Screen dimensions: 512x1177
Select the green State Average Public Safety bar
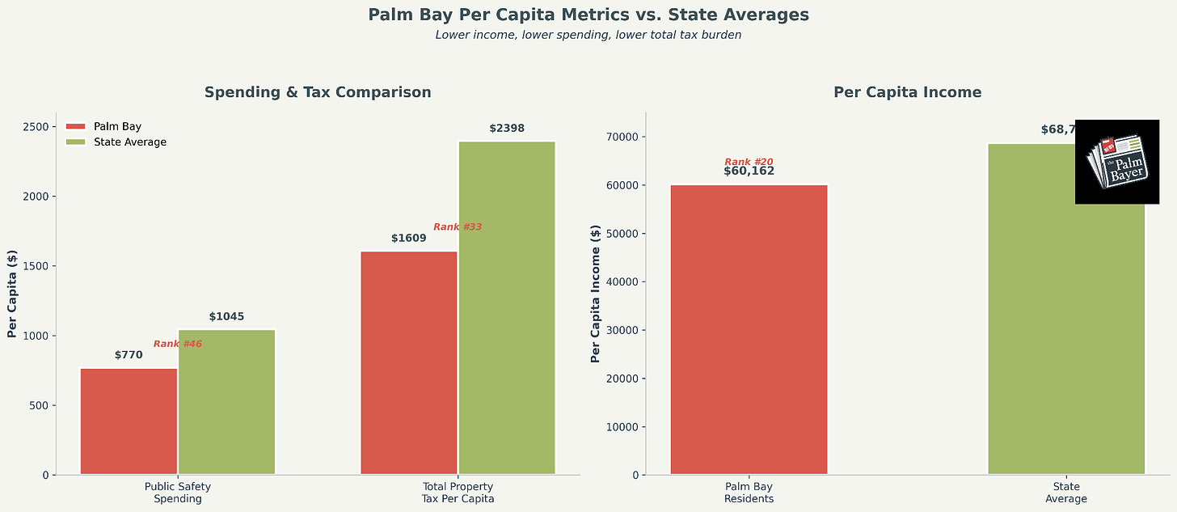point(226,401)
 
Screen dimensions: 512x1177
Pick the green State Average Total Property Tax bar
point(507,307)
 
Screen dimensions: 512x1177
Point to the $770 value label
point(129,355)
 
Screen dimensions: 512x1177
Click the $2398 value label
point(507,129)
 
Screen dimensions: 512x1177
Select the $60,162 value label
point(749,171)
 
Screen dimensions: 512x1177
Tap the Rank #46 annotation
point(177,344)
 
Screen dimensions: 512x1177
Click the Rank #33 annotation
point(458,226)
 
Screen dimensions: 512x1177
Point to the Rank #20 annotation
point(749,162)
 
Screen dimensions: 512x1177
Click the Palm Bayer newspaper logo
point(1117,162)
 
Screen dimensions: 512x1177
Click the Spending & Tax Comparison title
point(318,92)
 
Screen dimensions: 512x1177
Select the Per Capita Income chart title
point(907,92)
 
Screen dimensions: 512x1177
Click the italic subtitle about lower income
point(588,35)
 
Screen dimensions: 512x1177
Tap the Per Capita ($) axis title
point(12,294)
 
